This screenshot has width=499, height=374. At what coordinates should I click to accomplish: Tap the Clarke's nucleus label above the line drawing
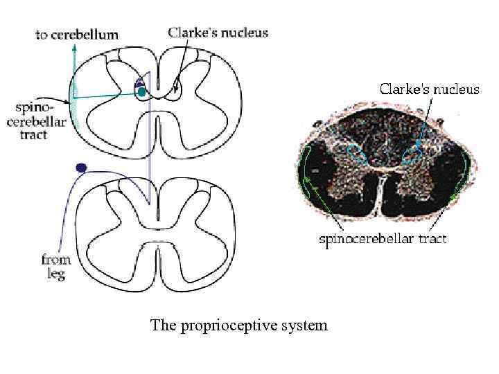217,32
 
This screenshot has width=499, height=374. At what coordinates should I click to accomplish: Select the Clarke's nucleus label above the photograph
428,90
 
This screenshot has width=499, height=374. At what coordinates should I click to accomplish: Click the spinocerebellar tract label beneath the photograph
382,239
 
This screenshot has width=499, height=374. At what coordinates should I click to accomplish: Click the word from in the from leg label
57,260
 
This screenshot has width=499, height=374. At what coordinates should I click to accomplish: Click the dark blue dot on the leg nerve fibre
81,168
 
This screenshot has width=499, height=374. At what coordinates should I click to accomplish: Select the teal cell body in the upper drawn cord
141,91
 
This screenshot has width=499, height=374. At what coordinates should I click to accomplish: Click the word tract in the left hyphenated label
33,135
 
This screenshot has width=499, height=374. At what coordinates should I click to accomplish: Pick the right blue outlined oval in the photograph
411,155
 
